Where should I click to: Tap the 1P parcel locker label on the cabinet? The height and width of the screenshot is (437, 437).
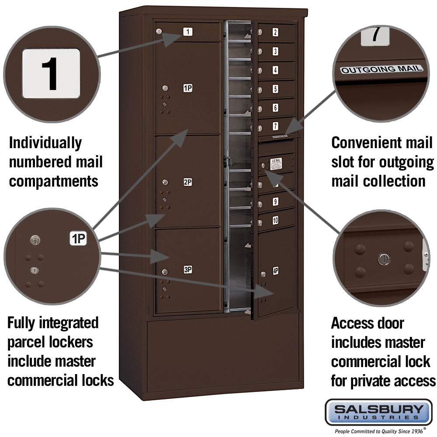coord(187,88)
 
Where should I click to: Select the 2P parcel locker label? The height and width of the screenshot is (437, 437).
coord(187,182)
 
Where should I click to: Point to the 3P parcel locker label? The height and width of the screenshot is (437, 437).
coord(187,270)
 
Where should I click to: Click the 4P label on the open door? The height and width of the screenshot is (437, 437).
coord(276,270)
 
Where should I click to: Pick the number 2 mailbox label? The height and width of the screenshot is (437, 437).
coord(275,32)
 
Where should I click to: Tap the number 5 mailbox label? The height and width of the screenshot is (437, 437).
coord(275,89)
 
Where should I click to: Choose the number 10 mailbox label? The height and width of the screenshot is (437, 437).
coord(275,220)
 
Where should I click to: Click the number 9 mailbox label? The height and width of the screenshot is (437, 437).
coord(275,202)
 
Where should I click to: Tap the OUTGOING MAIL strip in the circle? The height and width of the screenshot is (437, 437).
coord(382,69)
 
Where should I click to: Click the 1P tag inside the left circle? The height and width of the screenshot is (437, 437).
coord(78,239)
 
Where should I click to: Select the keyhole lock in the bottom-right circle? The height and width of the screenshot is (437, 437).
coord(383,259)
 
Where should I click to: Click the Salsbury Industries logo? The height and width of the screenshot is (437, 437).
coord(378,412)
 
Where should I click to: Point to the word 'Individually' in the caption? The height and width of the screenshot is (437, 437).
coord(45,143)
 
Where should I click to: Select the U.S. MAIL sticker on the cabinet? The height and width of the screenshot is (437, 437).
coord(276,163)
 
